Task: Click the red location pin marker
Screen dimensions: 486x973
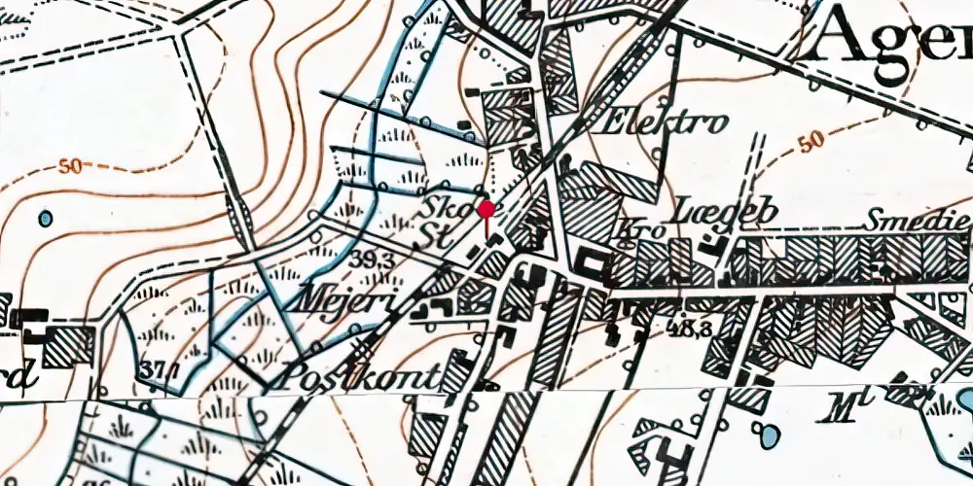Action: tap(486, 209)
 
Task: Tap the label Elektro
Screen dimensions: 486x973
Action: tap(666, 123)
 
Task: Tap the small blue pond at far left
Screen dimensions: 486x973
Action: tap(45, 218)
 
